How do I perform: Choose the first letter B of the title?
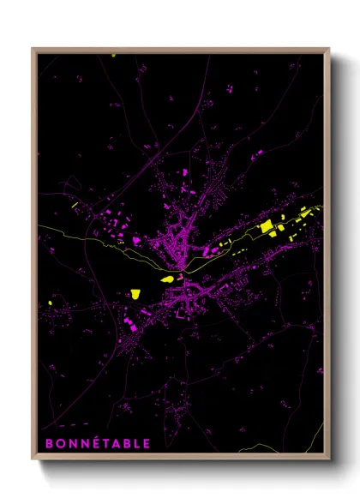click(x=48, y=443)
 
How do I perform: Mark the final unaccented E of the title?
click(x=147, y=443)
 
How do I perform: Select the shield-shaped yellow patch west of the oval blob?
click(x=135, y=294)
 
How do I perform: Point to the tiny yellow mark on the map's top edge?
click(x=113, y=56)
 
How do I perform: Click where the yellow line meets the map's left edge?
click(x=39, y=226)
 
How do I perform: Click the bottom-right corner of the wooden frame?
click(x=329, y=460)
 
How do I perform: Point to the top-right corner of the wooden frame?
click(x=329, y=49)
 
